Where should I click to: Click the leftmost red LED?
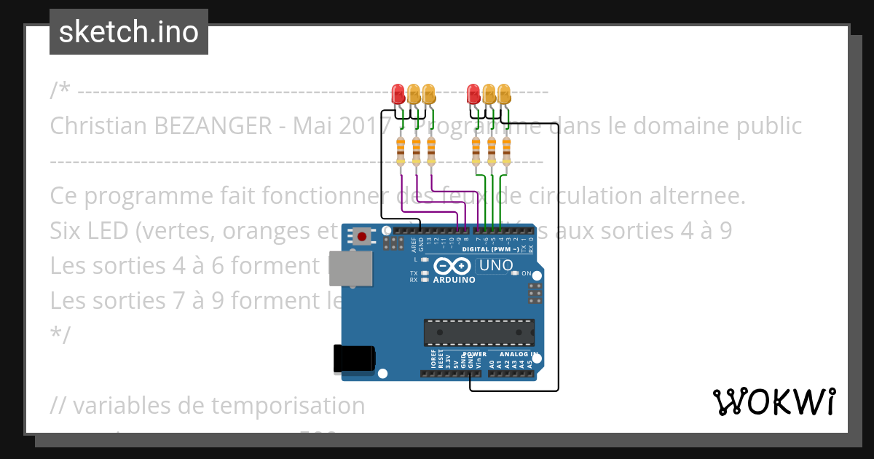coord(398,93)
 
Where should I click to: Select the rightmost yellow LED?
coord(504,93)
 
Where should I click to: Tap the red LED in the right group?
coord(474,93)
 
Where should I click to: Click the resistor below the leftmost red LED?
coord(401,151)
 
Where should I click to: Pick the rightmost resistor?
coord(507,151)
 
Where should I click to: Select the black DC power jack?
coord(353,358)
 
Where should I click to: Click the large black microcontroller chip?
coord(479,331)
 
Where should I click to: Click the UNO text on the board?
coord(496,266)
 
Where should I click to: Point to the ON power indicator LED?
coord(516,273)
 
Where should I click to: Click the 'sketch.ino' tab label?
coord(129,32)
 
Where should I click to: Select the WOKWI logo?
coord(773,402)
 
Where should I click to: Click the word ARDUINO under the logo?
coord(454,280)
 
